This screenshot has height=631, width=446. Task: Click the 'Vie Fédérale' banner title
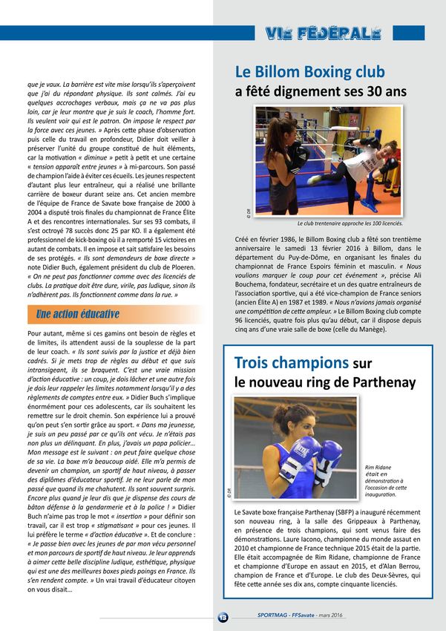[322, 33]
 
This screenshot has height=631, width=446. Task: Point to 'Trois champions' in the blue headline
[292, 363]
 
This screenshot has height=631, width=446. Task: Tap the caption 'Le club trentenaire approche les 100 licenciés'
[349, 222]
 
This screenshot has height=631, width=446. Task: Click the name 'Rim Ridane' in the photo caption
[378, 467]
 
